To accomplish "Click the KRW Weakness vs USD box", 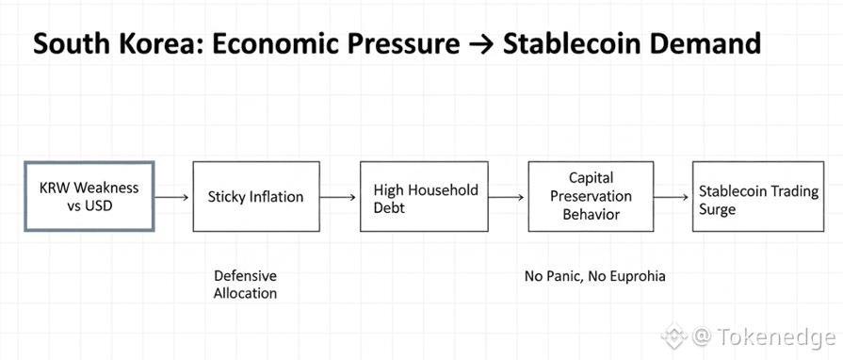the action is tap(89, 196).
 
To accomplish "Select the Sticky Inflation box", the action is tap(256, 196).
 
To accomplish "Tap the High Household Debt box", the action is tap(424, 196).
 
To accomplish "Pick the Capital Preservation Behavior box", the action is tap(591, 196).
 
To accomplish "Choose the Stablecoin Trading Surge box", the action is tap(758, 196).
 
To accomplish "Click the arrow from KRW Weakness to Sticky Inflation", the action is tap(172, 198).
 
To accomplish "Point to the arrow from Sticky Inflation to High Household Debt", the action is tap(337, 198).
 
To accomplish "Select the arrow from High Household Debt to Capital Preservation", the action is tap(506, 198).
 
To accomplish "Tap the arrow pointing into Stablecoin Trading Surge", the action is tap(672, 198).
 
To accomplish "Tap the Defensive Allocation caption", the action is tap(245, 285).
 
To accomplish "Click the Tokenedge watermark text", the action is tap(773, 336).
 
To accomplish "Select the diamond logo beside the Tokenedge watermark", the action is tap(673, 336).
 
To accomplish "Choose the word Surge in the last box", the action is tap(717, 209).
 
